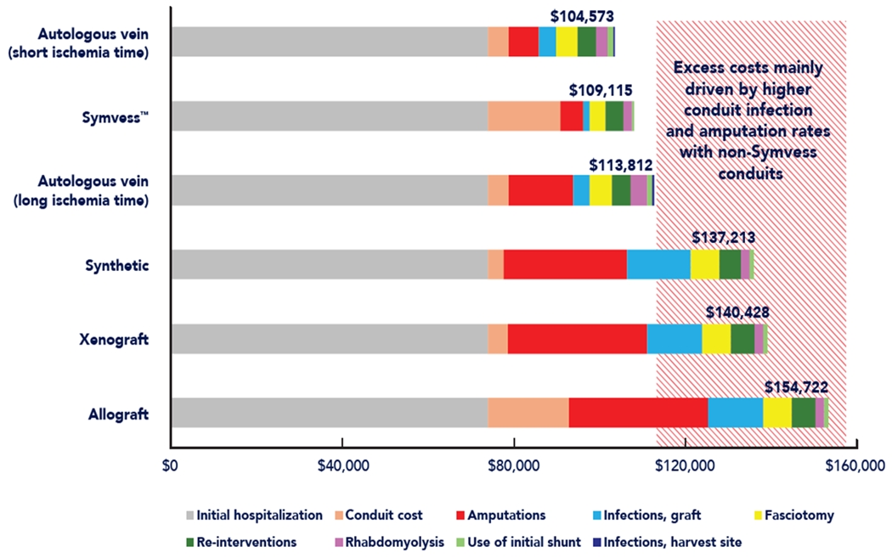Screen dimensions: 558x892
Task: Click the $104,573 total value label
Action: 582,15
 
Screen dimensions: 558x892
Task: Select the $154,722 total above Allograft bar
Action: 796,386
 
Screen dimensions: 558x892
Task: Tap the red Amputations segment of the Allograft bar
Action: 638,413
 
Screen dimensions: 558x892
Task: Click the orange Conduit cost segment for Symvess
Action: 523,116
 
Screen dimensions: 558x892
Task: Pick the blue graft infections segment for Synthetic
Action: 658,264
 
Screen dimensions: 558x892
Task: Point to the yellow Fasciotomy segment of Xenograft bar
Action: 716,339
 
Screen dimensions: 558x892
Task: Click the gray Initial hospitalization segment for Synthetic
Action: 329,264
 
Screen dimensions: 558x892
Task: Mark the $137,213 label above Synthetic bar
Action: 724,238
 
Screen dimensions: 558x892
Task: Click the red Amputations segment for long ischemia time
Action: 540,190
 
